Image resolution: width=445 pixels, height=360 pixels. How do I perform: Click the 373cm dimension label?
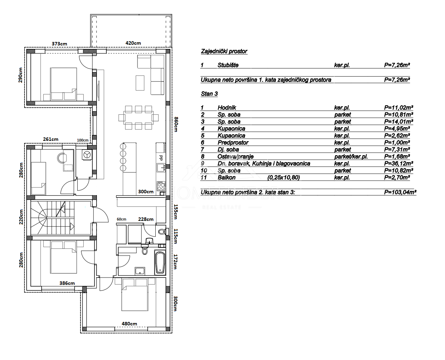[59, 44]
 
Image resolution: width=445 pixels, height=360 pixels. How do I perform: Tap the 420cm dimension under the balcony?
[133, 43]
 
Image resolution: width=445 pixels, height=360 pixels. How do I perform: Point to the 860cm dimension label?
[176, 124]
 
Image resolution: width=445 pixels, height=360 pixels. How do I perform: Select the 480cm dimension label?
[129, 324]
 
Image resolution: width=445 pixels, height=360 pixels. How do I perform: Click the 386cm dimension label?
[67, 283]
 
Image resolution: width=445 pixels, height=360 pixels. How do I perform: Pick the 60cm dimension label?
[121, 219]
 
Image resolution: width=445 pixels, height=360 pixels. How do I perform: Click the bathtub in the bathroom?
[160, 262]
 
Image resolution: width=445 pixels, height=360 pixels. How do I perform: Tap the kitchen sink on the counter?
[161, 167]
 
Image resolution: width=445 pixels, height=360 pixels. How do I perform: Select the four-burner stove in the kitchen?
[161, 186]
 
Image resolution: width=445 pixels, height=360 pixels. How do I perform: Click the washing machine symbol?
[87, 155]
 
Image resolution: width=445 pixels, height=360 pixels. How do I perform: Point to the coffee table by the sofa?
[140, 83]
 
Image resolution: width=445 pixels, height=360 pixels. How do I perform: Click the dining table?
[138, 118]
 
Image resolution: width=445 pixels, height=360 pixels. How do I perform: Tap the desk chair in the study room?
[62, 158]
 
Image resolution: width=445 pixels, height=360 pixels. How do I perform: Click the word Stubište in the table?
[228, 65]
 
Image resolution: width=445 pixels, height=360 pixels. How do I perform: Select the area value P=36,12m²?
[398, 164]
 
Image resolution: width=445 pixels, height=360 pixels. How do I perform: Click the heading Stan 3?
[209, 94]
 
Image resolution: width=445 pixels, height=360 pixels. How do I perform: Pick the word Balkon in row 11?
[226, 178]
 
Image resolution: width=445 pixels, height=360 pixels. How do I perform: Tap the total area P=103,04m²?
[400, 192]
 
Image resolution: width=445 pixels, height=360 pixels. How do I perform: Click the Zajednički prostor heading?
[224, 51]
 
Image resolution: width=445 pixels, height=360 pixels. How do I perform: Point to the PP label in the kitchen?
[161, 158]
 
